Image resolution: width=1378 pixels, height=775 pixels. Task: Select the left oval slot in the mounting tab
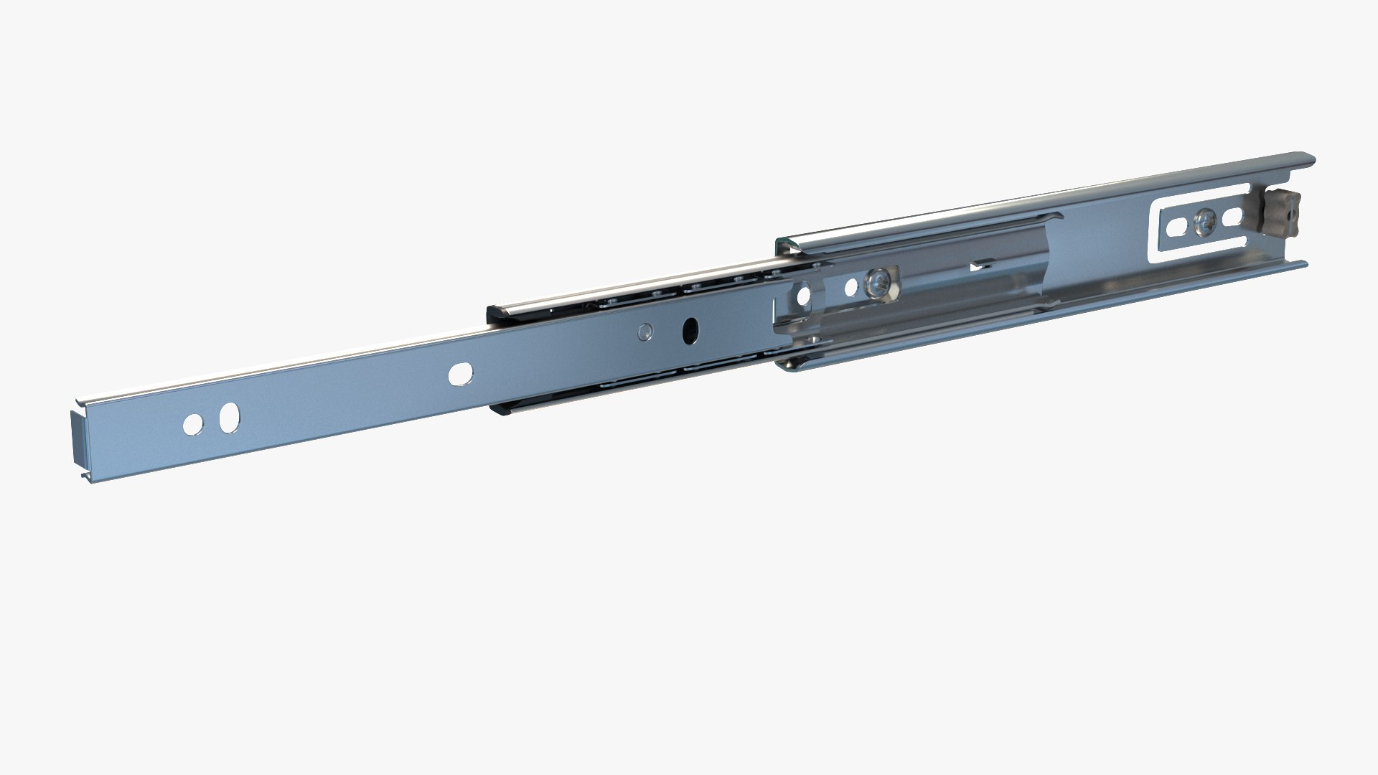pyautogui.click(x=1178, y=228)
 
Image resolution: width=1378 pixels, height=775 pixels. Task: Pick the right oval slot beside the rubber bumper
pyautogui.click(x=1232, y=216)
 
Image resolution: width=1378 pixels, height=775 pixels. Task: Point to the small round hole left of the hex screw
pyautogui.click(x=850, y=288)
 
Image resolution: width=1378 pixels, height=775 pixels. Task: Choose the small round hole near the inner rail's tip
pyautogui.click(x=192, y=424)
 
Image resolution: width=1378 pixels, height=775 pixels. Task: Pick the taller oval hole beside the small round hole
pyautogui.click(x=229, y=418)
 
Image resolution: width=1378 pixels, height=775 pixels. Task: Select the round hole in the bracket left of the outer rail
pyautogui.click(x=803, y=294)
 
